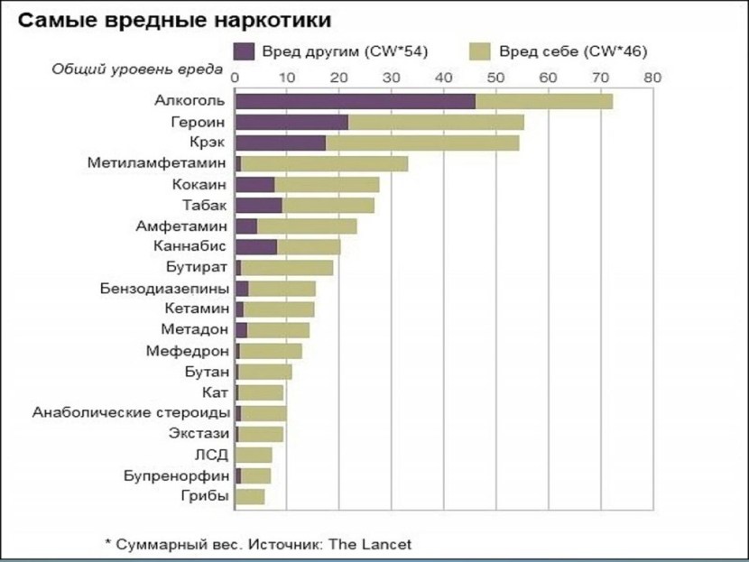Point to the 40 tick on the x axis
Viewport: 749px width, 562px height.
443,78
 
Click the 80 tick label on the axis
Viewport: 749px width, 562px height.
652,78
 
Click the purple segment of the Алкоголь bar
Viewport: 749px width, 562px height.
355,101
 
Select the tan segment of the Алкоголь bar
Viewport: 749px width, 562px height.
544,101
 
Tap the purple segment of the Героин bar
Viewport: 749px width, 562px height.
291,122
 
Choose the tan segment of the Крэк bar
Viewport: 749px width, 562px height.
422,143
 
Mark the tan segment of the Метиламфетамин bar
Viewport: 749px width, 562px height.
324,163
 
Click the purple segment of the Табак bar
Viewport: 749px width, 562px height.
258,205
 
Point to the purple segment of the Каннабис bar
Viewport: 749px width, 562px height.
256,246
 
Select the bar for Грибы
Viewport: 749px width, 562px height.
250,496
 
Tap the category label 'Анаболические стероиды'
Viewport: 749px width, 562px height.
130,412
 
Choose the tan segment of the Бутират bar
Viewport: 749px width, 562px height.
287,267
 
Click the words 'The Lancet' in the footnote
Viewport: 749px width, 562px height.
377,544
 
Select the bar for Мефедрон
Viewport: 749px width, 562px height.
269,350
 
